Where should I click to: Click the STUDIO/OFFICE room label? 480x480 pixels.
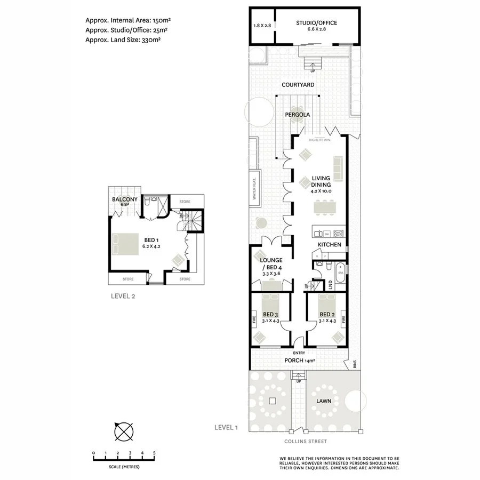[317, 22]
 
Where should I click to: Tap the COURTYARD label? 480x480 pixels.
[298, 85]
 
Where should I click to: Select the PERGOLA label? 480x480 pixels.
[297, 114]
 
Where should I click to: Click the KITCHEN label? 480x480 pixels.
[329, 244]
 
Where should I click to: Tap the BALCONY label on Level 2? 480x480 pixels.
[125, 199]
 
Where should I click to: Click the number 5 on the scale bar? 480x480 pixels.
[154, 453]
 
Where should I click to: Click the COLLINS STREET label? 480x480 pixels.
[306, 442]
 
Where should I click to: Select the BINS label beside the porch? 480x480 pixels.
[355, 365]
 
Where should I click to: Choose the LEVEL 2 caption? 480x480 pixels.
[123, 297]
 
